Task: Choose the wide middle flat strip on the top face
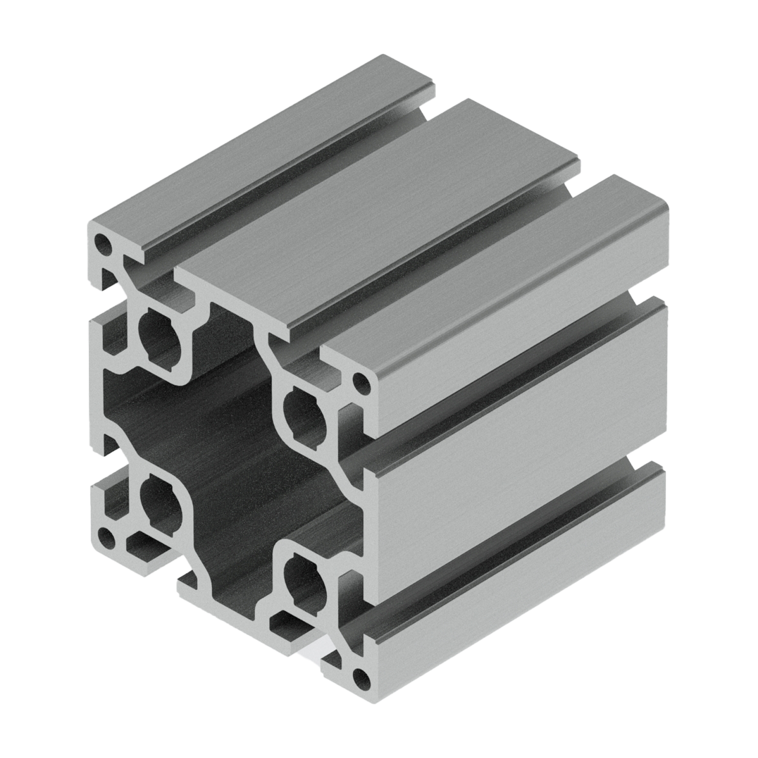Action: coord(379,212)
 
